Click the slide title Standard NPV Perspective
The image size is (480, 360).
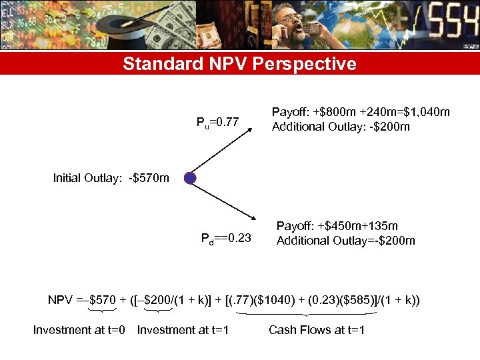[x=239, y=64]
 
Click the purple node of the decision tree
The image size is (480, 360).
[x=190, y=178]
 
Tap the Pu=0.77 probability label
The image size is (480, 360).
[x=217, y=122]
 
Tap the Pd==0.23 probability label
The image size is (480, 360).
[x=226, y=239]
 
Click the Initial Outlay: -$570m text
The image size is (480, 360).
[x=111, y=178]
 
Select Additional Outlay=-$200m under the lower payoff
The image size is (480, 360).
[x=345, y=241]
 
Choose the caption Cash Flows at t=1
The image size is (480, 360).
[x=317, y=329]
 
